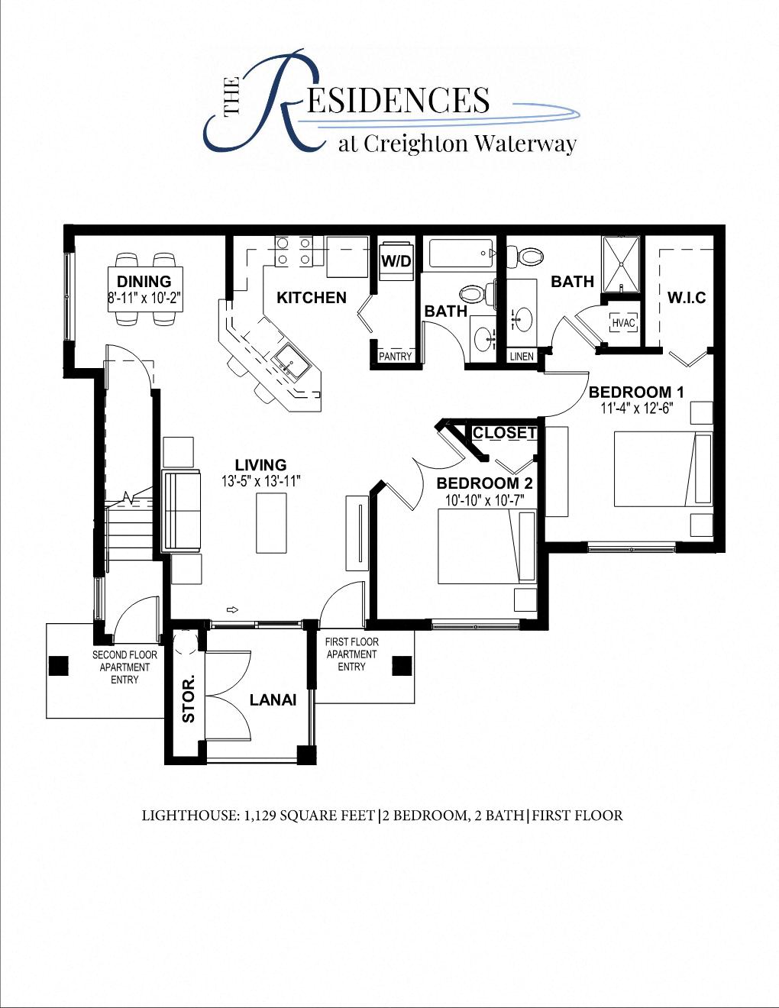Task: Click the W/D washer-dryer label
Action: [396, 261]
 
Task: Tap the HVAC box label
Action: [623, 323]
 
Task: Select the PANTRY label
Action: [395, 357]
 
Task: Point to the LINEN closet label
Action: [522, 357]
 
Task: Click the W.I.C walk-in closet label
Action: [686, 297]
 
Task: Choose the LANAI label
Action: [273, 700]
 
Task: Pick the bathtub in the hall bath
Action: [461, 253]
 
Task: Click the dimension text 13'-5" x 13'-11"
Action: [261, 482]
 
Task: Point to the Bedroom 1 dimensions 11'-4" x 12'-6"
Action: [636, 409]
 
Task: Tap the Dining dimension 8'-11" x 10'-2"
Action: [144, 297]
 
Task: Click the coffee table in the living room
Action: [271, 522]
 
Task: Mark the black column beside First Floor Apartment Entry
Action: [402, 666]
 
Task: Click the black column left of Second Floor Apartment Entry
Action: [59, 666]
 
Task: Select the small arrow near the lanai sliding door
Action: [234, 609]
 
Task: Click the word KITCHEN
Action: [312, 298]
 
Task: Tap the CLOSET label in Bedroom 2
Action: [504, 433]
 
